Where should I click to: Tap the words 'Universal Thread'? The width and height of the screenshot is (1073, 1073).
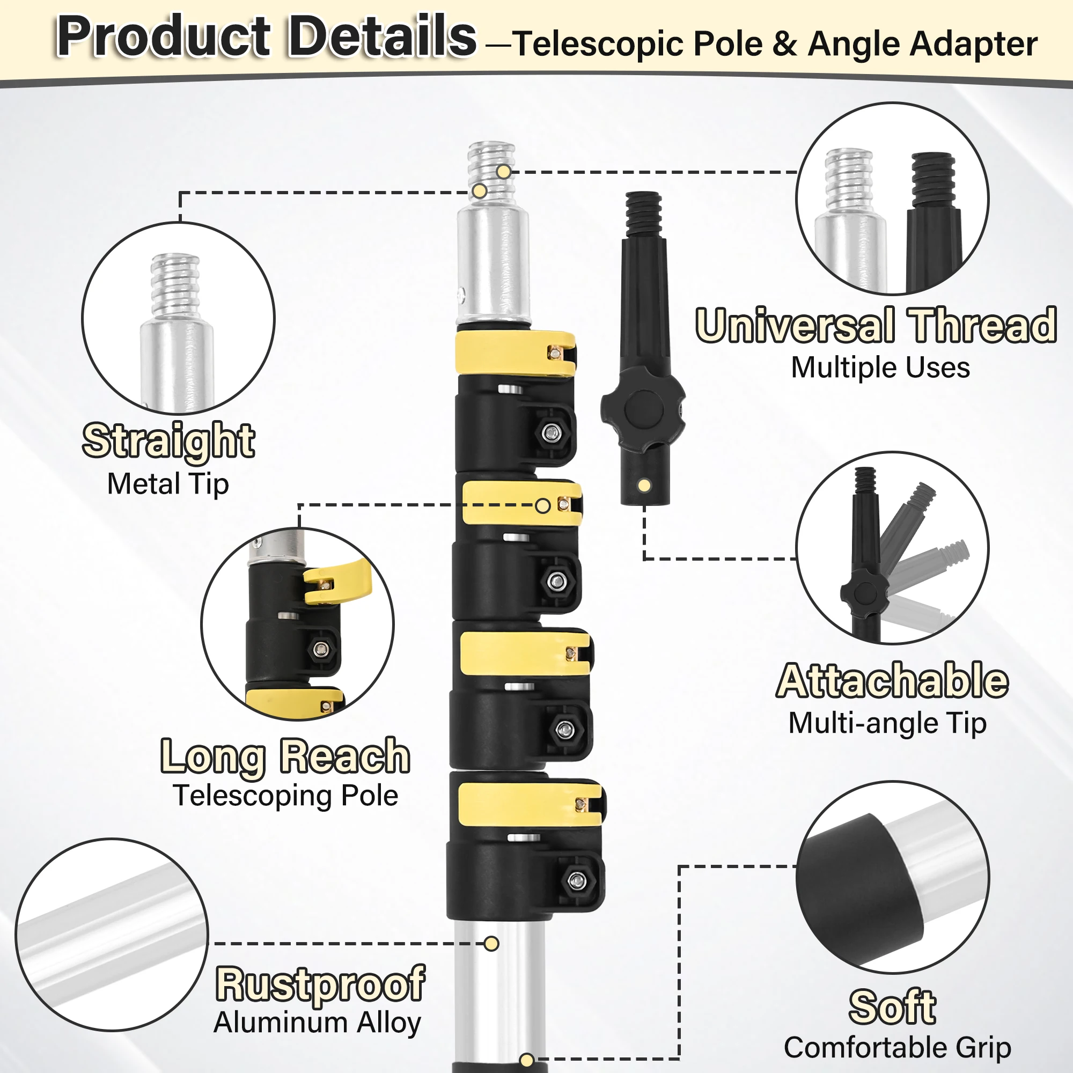[x=876, y=326]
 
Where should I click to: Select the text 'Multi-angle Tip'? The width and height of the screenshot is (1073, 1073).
[x=887, y=723]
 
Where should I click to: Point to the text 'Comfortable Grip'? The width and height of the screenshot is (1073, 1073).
[x=897, y=1047]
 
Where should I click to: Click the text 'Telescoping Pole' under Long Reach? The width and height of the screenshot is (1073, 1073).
[x=285, y=795]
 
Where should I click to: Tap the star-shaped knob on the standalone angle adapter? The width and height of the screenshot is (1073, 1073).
[x=643, y=410]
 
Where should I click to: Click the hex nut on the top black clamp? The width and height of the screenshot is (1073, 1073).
[x=551, y=432]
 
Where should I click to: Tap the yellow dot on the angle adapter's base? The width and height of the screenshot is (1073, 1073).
[x=644, y=486]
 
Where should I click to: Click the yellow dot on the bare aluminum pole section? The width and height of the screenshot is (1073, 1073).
[x=491, y=943]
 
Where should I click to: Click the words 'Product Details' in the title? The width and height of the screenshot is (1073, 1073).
[x=266, y=36]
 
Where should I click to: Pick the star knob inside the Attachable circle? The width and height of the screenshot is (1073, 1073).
[x=864, y=593]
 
